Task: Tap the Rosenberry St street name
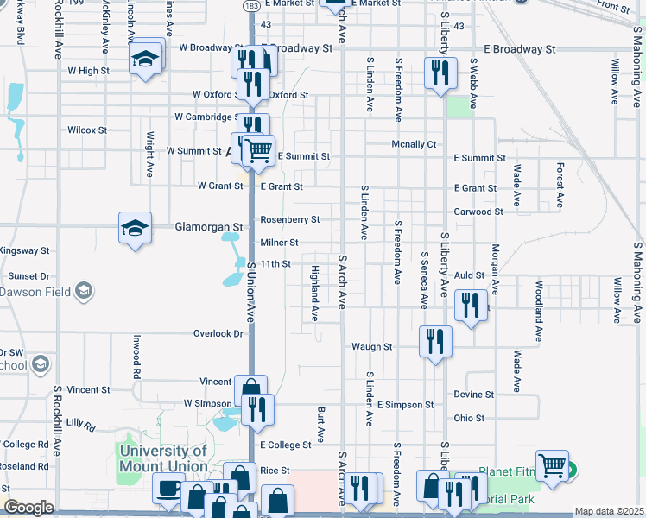click(290, 219)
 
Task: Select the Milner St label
click(279, 243)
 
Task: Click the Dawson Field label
click(35, 293)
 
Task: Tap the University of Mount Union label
click(164, 458)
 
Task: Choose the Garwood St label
click(478, 212)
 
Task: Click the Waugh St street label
click(371, 347)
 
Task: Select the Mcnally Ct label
click(414, 144)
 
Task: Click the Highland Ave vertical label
click(315, 294)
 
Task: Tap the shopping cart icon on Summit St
click(258, 151)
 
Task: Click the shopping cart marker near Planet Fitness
click(552, 466)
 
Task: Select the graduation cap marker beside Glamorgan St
click(135, 228)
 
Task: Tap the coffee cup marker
click(168, 490)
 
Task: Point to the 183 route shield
click(249, 5)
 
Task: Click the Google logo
click(28, 508)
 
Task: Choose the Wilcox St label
click(86, 130)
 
